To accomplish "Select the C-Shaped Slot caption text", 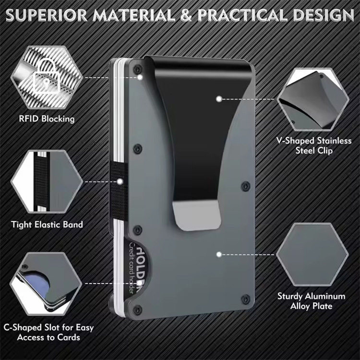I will point(48,333).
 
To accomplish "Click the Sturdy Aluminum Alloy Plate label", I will point(311,301).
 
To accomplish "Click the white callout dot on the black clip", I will point(219,98).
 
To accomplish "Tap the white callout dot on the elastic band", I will point(120,181).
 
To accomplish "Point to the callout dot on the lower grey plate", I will point(219,253).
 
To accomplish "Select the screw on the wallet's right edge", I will point(245,184).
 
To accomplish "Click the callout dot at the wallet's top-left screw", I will point(139,77).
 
